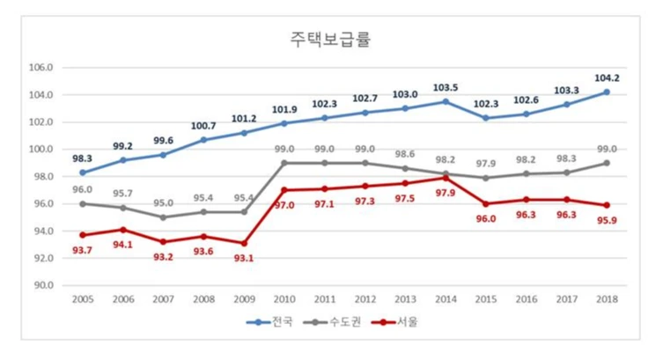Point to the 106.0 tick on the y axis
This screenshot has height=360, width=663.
(x=41, y=68)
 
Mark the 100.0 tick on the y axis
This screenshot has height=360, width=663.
(x=41, y=150)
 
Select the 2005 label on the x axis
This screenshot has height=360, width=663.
(x=82, y=300)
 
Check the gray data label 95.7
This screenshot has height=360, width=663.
(x=123, y=194)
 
